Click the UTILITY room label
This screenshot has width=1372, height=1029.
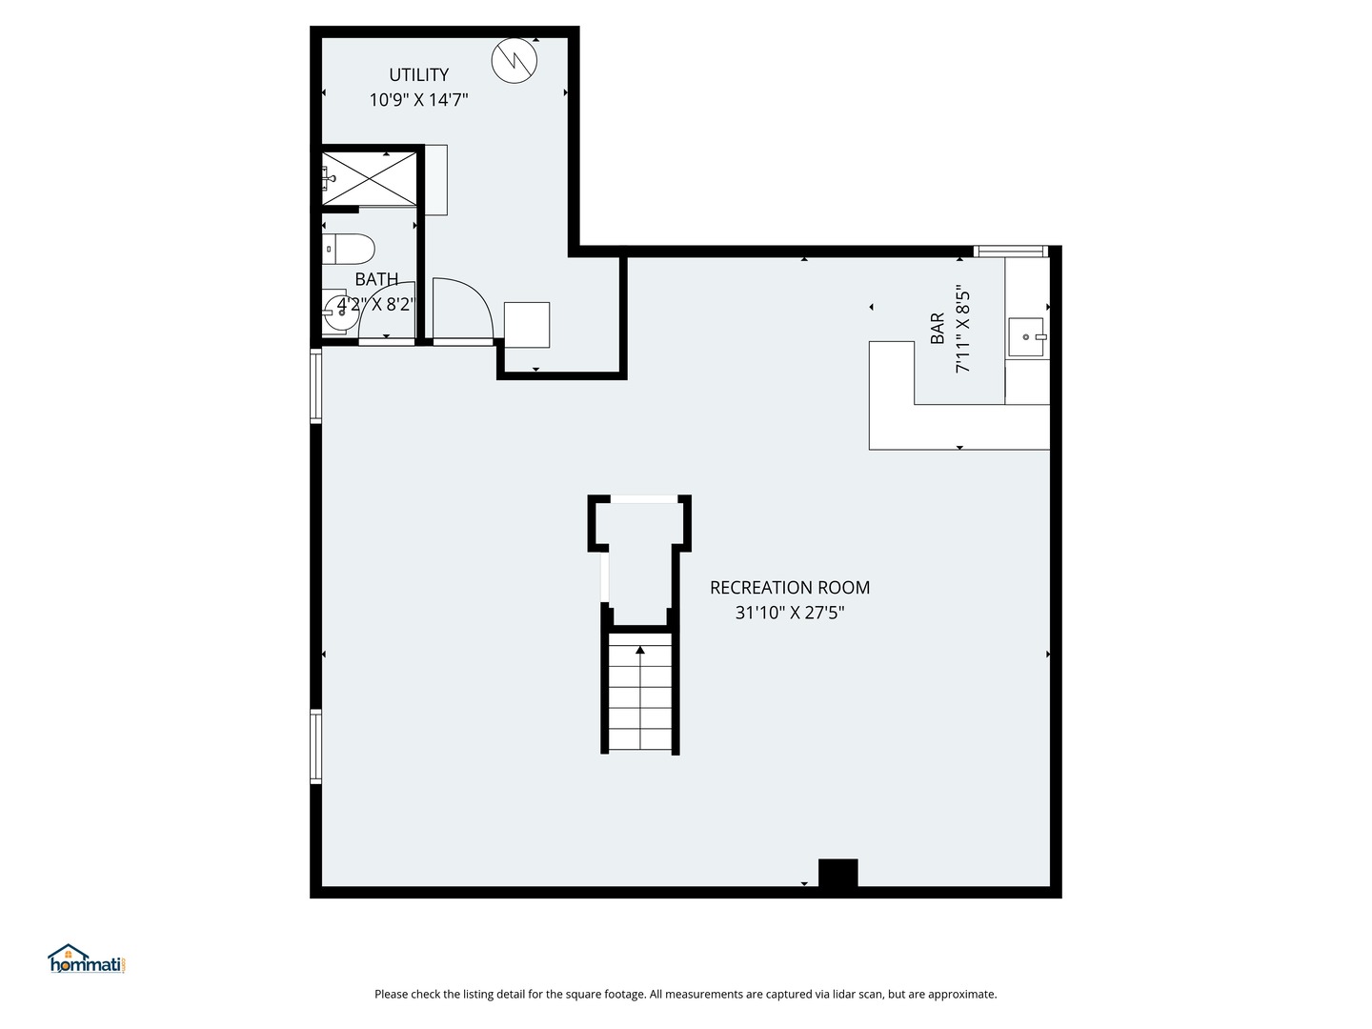click(x=418, y=74)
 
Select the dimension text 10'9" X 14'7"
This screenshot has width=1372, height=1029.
click(x=418, y=99)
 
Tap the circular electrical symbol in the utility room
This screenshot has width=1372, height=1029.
click(x=514, y=61)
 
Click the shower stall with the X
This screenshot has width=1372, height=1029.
click(x=370, y=176)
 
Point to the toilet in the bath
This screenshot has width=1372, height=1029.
click(x=350, y=250)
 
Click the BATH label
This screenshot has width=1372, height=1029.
click(x=376, y=279)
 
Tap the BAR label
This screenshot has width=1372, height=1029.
click(x=938, y=329)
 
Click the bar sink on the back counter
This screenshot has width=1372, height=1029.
click(x=1026, y=336)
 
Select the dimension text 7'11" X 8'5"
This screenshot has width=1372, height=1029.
click(x=963, y=329)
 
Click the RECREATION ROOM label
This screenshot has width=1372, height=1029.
click(x=789, y=588)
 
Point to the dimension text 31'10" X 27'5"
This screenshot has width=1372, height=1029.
click(x=789, y=613)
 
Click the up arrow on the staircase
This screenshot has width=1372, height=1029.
click(x=640, y=651)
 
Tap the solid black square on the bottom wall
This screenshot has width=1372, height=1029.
click(x=837, y=874)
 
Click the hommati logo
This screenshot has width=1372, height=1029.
click(x=87, y=959)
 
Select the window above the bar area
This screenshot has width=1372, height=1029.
click(x=1011, y=252)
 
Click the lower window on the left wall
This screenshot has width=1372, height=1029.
click(x=315, y=746)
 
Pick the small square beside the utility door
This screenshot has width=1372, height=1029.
click(x=527, y=325)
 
